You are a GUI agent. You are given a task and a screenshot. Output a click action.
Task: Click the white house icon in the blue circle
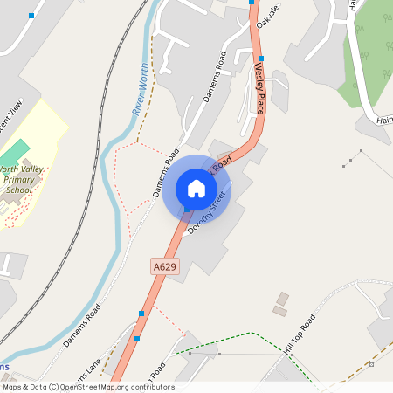(x=196, y=189)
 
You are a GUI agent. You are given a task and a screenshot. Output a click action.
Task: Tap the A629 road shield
(x=164, y=265)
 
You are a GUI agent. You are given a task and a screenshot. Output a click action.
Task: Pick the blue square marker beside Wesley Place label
(x=260, y=59)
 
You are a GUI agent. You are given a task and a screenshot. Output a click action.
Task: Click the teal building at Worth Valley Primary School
(x=18, y=148)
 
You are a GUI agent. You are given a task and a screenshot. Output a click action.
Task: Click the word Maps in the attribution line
(x=12, y=387)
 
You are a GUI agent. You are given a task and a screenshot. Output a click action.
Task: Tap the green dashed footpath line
(x=253, y=335)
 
